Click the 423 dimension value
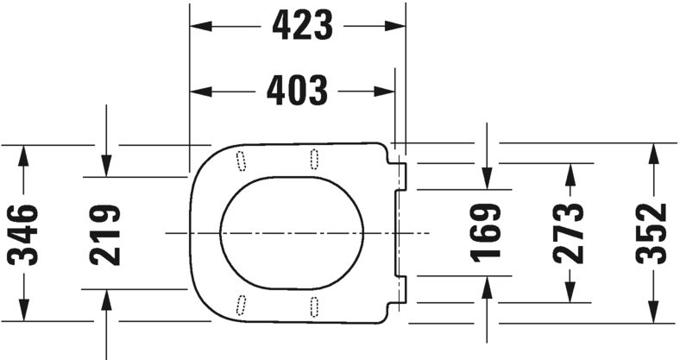click(x=302, y=26)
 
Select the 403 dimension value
click(x=296, y=90)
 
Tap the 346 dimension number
click(x=23, y=233)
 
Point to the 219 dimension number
click(x=104, y=233)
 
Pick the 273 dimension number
click(x=569, y=233)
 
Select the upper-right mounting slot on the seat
click(x=312, y=157)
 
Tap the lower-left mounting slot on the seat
click(x=241, y=305)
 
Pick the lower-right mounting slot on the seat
click(x=312, y=305)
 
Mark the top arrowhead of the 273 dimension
click(x=569, y=170)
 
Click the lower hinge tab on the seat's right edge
click(x=401, y=289)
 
